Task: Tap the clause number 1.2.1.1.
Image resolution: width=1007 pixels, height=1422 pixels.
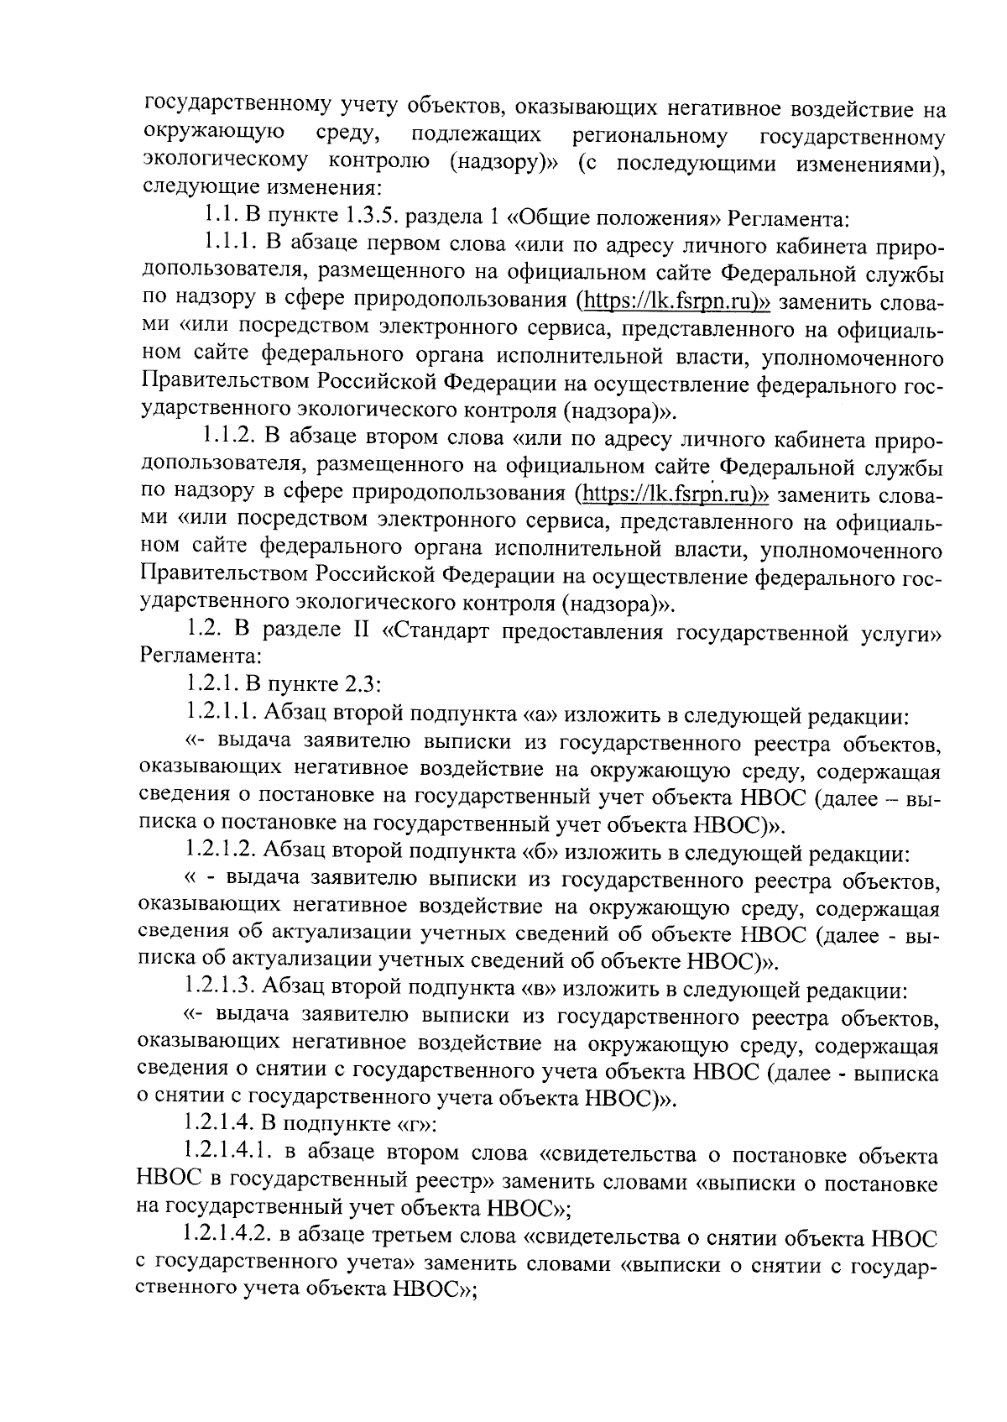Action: pos(221,715)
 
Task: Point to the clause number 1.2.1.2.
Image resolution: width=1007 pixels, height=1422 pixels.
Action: pos(221,853)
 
